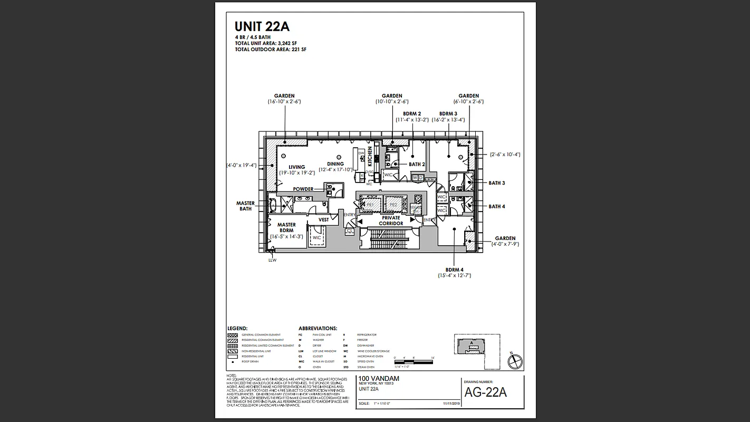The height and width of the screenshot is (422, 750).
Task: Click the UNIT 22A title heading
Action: tap(262, 27)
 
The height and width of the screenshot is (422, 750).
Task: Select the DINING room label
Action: tap(335, 164)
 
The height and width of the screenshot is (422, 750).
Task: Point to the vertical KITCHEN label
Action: tap(370, 157)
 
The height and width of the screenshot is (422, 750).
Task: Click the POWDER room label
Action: tap(303, 189)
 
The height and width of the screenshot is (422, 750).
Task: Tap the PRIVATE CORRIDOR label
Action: tap(391, 220)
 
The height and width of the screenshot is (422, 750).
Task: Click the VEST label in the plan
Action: tap(323, 219)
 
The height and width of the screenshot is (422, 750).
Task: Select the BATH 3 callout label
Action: tap(496, 183)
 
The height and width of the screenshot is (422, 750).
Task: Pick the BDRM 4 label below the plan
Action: tap(454, 270)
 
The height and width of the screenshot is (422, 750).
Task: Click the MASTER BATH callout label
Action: tap(245, 206)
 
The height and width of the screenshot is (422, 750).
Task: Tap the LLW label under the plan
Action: tap(272, 260)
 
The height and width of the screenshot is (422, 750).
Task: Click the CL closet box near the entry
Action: tap(350, 231)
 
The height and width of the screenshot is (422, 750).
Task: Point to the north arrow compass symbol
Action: tap(514, 361)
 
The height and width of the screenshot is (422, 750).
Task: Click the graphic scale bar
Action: tap(414, 361)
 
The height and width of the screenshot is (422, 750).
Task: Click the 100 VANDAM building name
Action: tap(379, 378)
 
